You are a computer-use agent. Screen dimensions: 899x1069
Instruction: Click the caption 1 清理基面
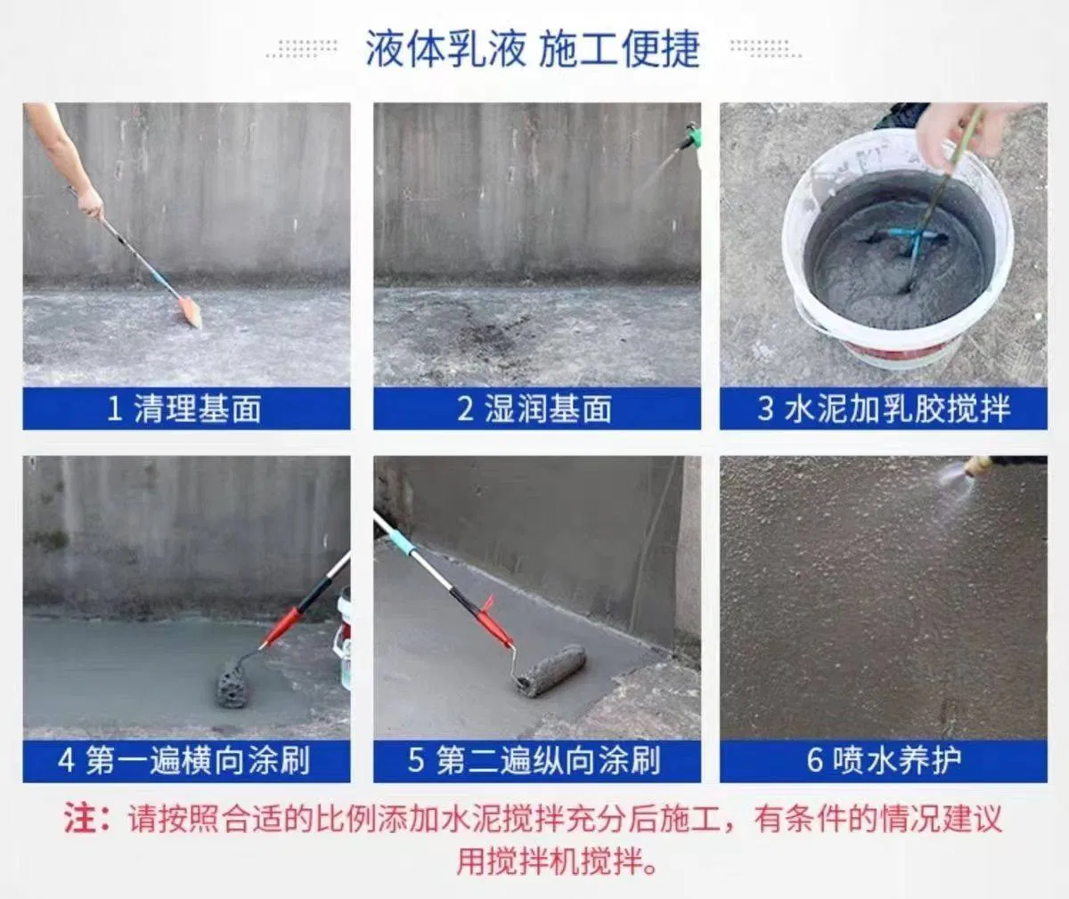[x=185, y=409]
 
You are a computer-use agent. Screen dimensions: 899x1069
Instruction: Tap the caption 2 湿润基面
[x=535, y=409]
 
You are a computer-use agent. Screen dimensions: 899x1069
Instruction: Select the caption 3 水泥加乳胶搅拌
[x=883, y=409]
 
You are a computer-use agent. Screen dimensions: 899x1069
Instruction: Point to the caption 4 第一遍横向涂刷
[x=185, y=761]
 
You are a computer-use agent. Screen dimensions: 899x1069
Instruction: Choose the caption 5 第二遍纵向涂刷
[x=535, y=761]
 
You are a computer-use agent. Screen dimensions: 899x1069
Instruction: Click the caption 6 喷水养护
[x=883, y=761]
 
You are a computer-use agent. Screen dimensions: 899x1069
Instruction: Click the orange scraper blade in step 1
[x=190, y=312]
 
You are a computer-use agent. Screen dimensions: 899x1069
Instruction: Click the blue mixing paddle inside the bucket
[x=913, y=239]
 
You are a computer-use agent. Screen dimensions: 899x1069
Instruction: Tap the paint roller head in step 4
[x=233, y=681]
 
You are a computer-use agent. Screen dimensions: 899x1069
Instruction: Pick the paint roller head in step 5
[x=553, y=669]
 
